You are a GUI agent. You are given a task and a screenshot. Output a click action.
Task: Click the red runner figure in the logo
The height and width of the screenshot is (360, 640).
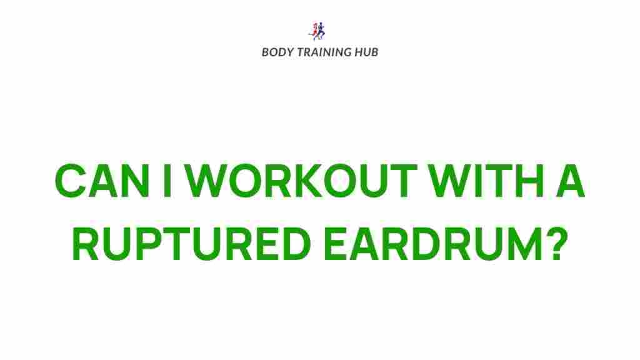pyautogui.click(x=314, y=30)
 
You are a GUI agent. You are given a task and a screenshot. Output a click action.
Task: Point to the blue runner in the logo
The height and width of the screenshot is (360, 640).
pyautogui.click(x=321, y=31)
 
